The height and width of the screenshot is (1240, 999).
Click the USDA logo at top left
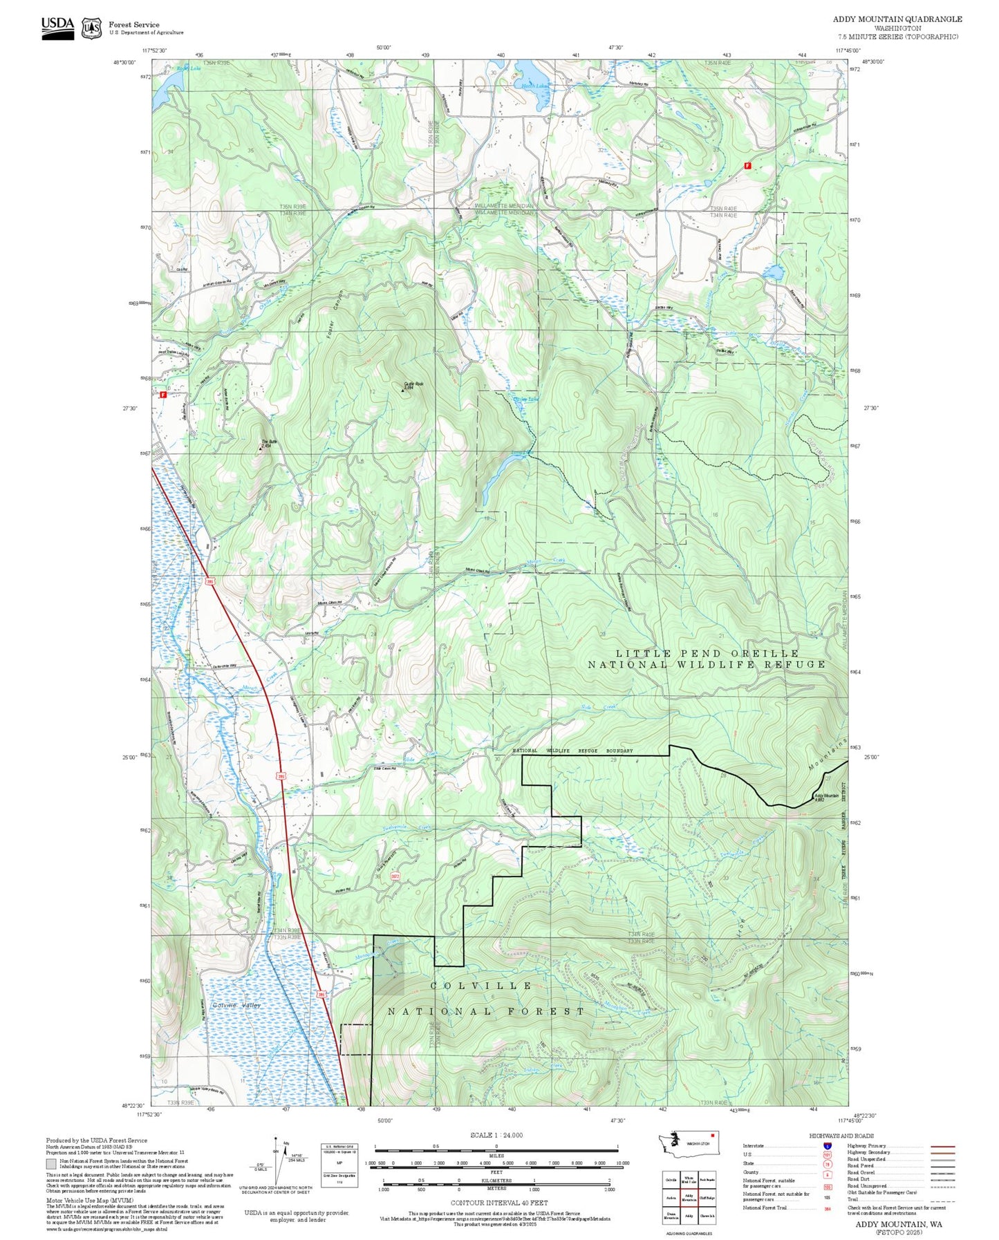tap(57, 26)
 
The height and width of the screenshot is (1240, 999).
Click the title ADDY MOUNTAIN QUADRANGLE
tap(897, 19)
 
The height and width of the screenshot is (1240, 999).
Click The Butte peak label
tap(265, 444)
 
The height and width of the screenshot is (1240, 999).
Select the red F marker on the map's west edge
tap(163, 395)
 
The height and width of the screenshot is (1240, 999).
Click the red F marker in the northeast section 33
tap(747, 166)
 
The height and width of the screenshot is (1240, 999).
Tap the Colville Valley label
tap(236, 1005)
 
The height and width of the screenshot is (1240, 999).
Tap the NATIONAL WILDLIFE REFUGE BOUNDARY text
tap(572, 751)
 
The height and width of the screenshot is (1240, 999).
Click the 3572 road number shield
tap(395, 876)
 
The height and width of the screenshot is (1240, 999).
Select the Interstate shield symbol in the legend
tap(827, 1146)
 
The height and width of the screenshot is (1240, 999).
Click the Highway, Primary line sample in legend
tap(942, 1146)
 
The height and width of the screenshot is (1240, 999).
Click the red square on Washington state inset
tap(711, 1134)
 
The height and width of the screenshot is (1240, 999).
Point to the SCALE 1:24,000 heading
tap(496, 1135)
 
